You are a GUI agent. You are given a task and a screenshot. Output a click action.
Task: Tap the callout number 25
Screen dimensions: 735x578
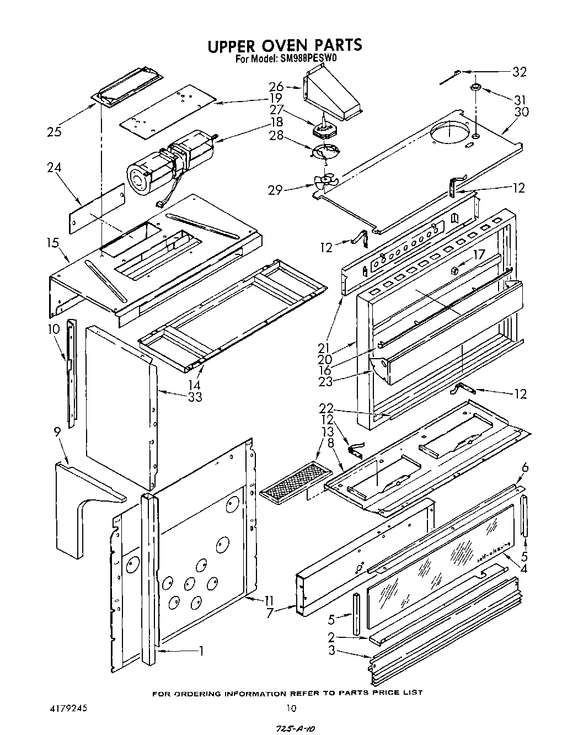[54, 131]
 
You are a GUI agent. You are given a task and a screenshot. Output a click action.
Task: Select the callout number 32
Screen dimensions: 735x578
[519, 72]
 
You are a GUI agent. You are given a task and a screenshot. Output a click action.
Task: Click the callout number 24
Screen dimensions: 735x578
[54, 167]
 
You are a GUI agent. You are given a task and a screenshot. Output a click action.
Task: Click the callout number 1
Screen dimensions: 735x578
[202, 651]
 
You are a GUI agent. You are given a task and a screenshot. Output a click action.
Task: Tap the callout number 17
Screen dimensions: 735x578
[478, 255]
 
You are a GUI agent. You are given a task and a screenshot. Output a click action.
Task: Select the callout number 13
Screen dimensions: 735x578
[328, 431]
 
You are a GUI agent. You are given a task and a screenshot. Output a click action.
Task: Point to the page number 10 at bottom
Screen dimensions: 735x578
[291, 709]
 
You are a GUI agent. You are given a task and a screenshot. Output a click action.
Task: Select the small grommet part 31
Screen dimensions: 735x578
[475, 88]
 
